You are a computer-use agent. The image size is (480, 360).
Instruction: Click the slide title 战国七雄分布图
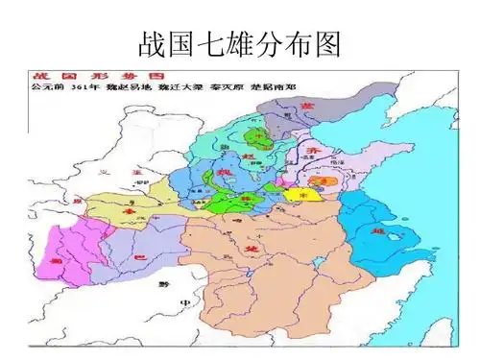point(240,44)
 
